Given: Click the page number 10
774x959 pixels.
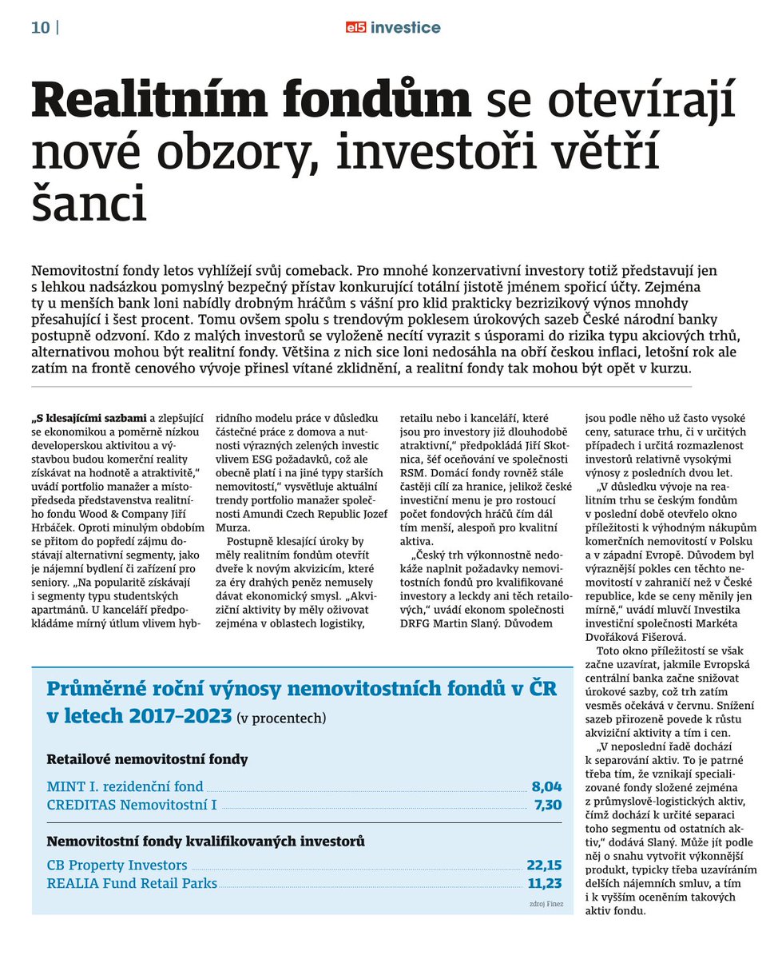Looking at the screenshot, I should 40,28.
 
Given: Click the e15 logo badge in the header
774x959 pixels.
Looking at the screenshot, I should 355,28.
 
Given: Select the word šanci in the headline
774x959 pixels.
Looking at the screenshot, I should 89,205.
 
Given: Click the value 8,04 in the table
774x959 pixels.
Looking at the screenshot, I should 546,786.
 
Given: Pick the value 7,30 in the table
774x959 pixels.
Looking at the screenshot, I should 547,805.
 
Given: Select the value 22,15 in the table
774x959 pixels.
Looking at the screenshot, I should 544,865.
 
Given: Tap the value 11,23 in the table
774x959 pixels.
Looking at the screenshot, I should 544,883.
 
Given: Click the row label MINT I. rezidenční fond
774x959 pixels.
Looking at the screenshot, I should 125,786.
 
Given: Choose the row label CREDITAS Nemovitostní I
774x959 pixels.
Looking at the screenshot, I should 132,805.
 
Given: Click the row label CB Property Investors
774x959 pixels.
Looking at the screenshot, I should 117,865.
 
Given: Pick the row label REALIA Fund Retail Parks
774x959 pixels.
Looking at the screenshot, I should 132,883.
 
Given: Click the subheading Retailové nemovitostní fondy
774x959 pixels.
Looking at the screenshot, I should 147,759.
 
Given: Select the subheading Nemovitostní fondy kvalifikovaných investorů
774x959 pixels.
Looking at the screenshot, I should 205,841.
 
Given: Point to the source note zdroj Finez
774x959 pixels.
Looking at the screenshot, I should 546,904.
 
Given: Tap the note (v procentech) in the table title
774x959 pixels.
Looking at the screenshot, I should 281,718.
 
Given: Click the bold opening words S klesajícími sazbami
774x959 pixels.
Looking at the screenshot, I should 90,418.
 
